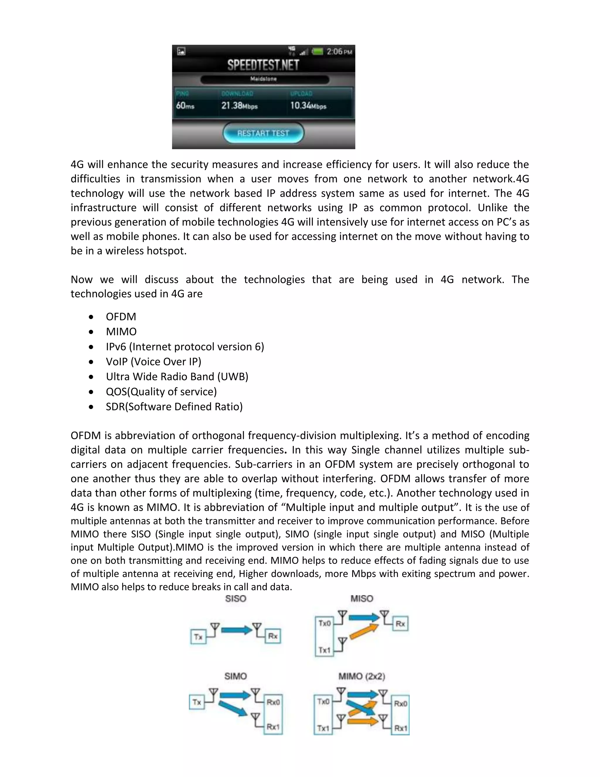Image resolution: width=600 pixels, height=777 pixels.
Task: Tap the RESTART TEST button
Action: click(263, 133)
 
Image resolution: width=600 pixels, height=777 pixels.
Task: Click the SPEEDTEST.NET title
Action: click(263, 65)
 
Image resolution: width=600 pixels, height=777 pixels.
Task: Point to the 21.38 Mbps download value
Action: click(239, 106)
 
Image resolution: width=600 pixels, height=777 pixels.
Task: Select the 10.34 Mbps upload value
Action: click(308, 106)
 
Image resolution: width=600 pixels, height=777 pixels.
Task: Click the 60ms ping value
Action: click(185, 106)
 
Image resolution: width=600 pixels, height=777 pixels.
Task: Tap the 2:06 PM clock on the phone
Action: click(339, 52)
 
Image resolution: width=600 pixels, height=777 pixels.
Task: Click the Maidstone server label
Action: click(263, 79)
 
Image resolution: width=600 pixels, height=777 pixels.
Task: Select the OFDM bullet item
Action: click(121, 317)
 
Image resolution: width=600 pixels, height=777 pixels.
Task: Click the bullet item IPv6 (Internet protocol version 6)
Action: click(185, 347)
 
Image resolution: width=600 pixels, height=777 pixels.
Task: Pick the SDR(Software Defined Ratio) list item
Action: click(174, 407)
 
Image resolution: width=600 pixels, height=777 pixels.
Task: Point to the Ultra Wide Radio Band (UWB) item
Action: click(177, 376)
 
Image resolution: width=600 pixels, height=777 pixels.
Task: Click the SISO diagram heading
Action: click(236, 599)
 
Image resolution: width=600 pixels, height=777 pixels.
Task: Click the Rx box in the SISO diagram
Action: click(273, 636)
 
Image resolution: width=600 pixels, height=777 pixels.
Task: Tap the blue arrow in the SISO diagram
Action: click(236, 630)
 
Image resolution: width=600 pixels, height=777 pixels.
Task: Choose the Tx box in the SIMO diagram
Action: click(197, 702)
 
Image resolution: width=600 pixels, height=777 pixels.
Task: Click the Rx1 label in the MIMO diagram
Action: click(400, 728)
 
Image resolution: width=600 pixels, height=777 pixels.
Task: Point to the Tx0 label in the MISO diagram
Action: click(325, 623)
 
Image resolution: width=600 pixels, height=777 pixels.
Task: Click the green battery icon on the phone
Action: click(317, 52)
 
